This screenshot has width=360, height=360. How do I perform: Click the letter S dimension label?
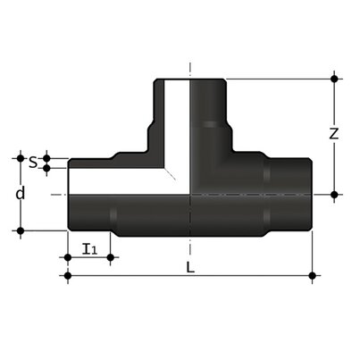point(33,163)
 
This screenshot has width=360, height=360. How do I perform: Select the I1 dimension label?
point(88,247)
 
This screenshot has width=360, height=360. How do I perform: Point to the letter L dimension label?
point(189,267)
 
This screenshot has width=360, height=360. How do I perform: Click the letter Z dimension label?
point(333,135)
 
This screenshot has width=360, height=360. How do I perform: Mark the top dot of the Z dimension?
point(334,80)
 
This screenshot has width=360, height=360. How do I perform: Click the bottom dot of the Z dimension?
point(334,194)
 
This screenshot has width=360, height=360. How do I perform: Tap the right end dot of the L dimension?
point(312,276)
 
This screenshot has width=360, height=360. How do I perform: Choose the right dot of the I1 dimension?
point(110,258)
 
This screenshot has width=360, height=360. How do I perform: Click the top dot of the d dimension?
point(19,157)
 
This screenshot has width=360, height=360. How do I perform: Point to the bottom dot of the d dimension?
point(19,230)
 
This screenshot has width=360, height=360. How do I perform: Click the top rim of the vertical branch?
point(190,80)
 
